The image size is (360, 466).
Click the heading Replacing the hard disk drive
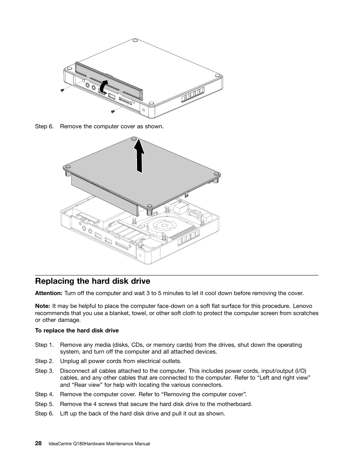tap(92, 281)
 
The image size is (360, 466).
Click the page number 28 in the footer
tap(38, 444)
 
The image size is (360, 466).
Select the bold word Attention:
tap(49, 293)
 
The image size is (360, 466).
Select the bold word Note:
tap(43, 306)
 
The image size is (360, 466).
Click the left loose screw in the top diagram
tap(62, 90)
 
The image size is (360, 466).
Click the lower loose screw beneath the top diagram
tap(112, 111)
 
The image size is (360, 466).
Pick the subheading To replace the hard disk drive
tap(77, 331)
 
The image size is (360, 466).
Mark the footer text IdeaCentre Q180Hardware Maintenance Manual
tap(100, 444)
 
